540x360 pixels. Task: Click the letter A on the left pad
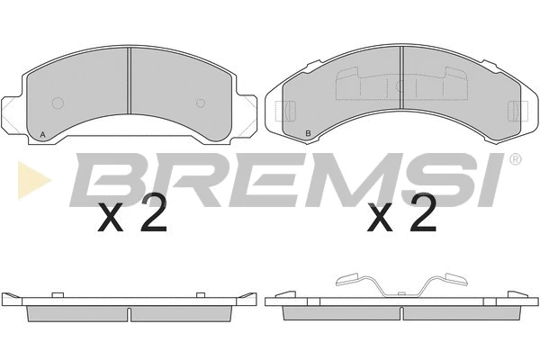click(42, 135)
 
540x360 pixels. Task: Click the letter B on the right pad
click(308, 133)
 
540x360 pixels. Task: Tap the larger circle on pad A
click(58, 103)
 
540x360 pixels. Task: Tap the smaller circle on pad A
click(201, 103)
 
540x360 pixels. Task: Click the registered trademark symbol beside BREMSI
click(515, 158)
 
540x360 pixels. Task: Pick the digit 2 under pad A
click(154, 213)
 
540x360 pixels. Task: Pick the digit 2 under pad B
click(424, 213)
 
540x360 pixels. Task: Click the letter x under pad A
click(111, 217)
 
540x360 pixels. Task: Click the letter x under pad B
click(380, 217)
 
